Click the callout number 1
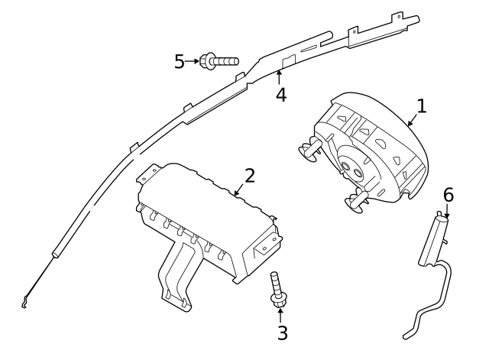421,105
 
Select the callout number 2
250,176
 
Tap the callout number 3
282,332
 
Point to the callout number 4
281,95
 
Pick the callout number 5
180,61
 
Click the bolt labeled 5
219,60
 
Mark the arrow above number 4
280,76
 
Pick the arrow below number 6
448,211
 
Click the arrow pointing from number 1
411,121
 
